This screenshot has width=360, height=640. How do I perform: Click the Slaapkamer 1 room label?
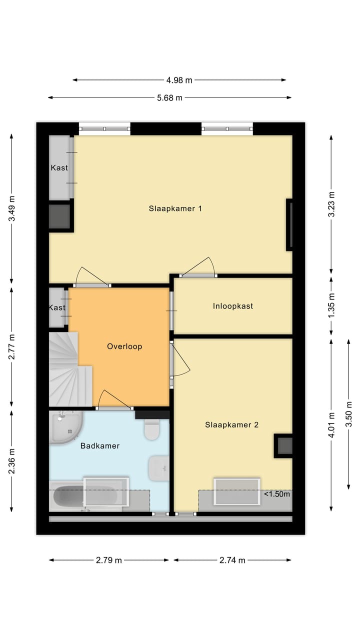tap(175, 208)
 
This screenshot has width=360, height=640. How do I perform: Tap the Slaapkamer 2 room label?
tap(231, 425)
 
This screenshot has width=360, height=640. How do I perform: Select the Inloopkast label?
tap(232, 306)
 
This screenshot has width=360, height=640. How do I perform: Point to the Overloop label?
tap(124, 346)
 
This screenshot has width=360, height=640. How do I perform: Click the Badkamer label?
tap(100, 445)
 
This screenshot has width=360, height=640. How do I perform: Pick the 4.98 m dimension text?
tap(179, 80)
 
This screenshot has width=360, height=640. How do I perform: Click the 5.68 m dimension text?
tap(169, 98)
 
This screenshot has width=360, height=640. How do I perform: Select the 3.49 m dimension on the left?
tap(12, 209)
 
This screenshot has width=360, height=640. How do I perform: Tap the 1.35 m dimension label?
tap(331, 305)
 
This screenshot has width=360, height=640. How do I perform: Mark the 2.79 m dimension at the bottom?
tap(109, 560)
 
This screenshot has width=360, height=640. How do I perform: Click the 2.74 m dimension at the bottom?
tap(232, 560)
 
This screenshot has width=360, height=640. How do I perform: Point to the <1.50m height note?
tap(277, 494)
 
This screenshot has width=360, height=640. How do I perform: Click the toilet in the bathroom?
tap(151, 429)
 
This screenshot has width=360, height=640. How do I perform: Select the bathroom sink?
tap(158, 468)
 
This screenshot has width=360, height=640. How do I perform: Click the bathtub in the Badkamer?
tap(85, 497)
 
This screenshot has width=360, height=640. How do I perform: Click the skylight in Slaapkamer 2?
tap(237, 491)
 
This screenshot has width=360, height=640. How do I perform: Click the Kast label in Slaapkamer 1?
tap(59, 168)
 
